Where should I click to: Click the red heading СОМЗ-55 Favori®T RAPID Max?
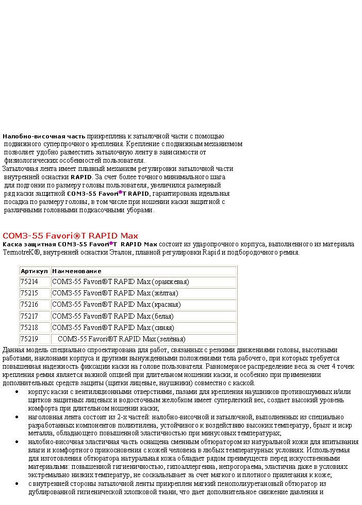[x=71, y=235]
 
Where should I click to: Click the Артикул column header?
[x=35, y=271]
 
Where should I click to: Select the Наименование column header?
[x=77, y=271]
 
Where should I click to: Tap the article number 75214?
[x=29, y=282]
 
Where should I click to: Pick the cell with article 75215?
[x=29, y=293]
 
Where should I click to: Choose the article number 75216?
[x=29, y=305]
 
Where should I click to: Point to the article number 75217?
[x=29, y=316]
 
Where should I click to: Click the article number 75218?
[x=29, y=327]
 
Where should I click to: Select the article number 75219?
[x=29, y=339]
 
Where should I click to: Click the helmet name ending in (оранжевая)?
[x=120, y=282]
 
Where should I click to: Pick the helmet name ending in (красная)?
[x=116, y=305]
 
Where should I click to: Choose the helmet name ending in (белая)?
[x=112, y=316]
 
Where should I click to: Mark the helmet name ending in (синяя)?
[x=113, y=327]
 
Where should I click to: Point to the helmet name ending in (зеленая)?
[x=122, y=339]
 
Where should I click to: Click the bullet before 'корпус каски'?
[x=18, y=392]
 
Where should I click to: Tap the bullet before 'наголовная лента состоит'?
[x=18, y=417]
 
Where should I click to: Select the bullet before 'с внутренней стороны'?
[x=18, y=484]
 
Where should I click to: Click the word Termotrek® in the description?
[x=21, y=253]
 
